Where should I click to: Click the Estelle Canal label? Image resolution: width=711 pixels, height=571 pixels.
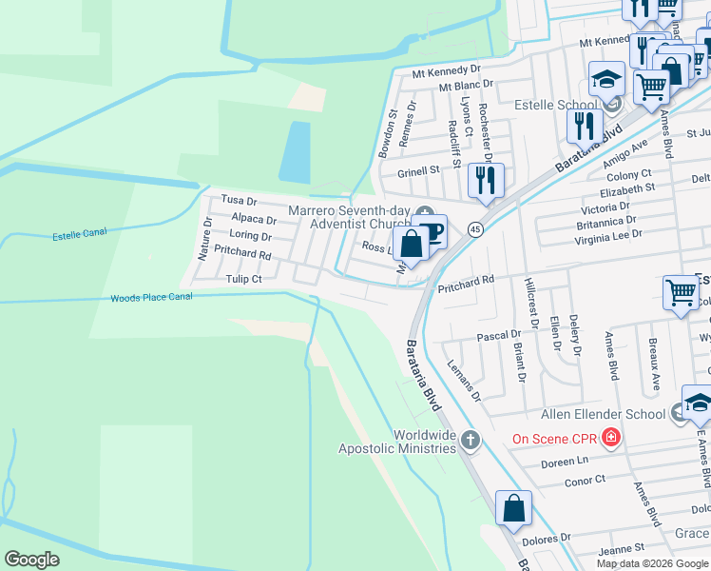point(80,232)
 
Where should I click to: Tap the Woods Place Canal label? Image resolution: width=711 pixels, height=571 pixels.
point(151,298)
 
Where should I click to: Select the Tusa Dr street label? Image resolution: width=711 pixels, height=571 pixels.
point(239,201)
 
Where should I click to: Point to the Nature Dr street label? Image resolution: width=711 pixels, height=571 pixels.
point(204,239)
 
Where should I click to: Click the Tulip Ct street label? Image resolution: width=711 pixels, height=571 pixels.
point(243,279)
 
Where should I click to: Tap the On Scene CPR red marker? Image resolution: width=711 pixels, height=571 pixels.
point(610,438)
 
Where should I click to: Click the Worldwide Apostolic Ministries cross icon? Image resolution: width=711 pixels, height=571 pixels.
point(469,440)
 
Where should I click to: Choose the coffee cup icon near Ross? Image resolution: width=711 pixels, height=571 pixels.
point(431,229)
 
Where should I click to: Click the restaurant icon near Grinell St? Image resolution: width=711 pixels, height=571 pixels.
point(486,180)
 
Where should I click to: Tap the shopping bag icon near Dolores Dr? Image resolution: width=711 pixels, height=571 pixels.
point(513,508)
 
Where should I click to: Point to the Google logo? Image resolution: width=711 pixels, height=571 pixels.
point(32,560)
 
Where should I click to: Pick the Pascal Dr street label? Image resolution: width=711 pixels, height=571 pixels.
point(499,335)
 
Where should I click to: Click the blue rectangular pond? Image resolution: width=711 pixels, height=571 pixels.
point(295,152)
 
